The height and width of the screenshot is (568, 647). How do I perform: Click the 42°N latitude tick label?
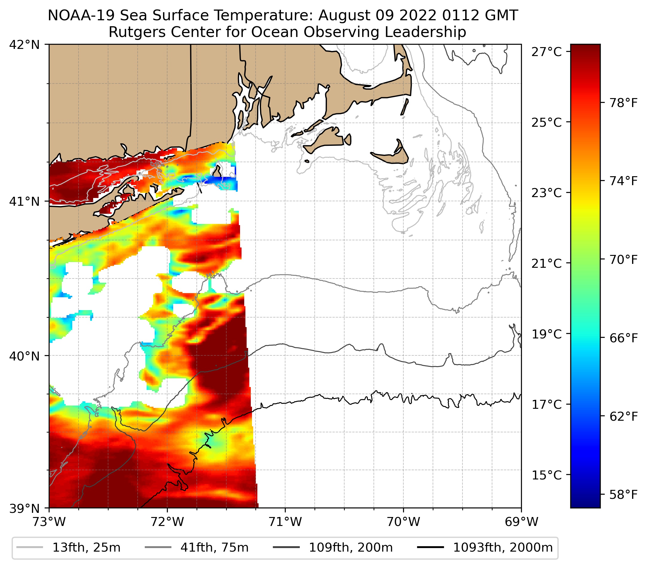click(x=24, y=45)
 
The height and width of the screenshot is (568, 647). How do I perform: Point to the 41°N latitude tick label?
click(x=24, y=201)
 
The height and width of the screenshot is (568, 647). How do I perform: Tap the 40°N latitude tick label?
click(x=24, y=356)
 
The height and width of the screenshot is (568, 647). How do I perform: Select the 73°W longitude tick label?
click(x=49, y=522)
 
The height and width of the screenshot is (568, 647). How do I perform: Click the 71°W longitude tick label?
click(x=285, y=522)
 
